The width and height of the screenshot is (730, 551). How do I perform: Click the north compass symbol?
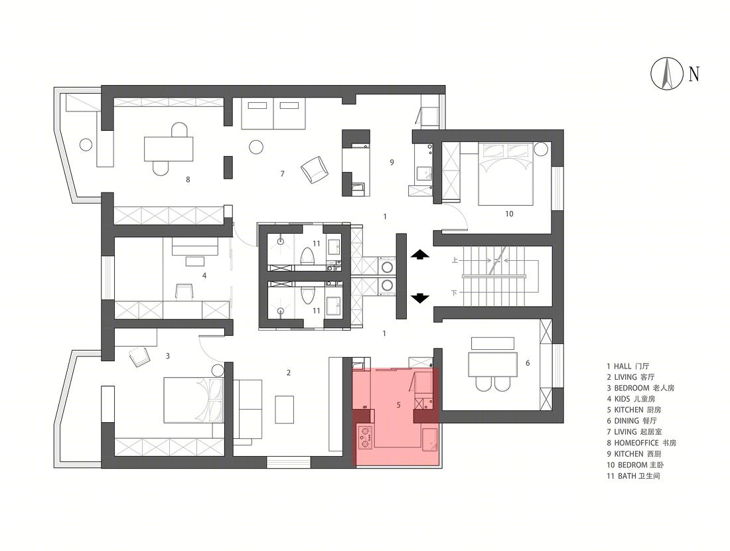point(667,73)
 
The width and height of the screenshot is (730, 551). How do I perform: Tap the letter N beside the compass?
point(694,74)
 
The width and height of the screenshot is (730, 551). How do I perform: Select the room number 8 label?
point(188,179)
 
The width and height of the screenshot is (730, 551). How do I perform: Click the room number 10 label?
point(509,214)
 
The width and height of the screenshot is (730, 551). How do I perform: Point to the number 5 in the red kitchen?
point(399,405)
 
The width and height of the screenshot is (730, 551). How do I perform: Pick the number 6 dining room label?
point(528,363)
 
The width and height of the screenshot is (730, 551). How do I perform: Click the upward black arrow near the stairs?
point(420,254)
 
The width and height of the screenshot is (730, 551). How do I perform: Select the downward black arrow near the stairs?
point(420,298)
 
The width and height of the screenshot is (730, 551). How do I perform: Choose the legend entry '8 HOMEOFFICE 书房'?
point(641,443)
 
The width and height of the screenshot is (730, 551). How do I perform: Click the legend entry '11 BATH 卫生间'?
point(633,476)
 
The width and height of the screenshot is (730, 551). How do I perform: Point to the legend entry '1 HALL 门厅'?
point(628,366)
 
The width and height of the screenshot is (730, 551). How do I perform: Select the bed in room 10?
point(506,173)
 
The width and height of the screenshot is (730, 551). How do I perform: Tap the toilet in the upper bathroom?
point(307,256)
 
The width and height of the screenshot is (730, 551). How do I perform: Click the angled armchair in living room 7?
point(315,169)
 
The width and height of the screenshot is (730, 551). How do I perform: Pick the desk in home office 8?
point(169,149)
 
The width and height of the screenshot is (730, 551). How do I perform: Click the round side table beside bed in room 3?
point(218,371)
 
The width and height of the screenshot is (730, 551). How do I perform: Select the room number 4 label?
point(204,275)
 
